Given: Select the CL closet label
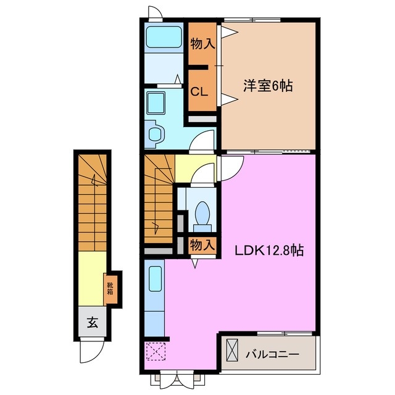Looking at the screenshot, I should [199, 92].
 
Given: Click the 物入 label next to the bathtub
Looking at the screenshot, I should [202, 44].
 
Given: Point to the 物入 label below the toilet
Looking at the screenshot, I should [202, 244].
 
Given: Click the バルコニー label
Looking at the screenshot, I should [272, 355].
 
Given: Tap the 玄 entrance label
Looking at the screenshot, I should [91, 322].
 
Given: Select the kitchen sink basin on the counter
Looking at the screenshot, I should [156, 278].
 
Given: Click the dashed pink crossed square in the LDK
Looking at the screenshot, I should [155, 352].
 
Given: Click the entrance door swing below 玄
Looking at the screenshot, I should [91, 354].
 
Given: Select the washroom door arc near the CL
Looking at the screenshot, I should [202, 143].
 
